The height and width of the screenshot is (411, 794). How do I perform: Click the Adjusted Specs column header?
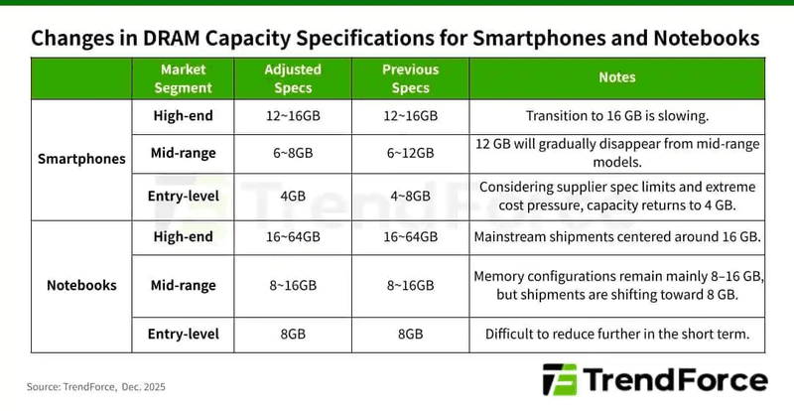[292, 77]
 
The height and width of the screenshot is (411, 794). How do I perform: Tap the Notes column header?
[616, 77]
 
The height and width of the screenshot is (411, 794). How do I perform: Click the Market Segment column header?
[183, 77]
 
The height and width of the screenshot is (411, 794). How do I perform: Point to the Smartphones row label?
[81, 158]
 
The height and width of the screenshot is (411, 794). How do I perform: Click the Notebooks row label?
[81, 285]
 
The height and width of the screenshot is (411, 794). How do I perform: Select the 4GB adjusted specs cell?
[292, 195]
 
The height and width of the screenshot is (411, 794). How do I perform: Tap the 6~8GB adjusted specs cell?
[292, 153]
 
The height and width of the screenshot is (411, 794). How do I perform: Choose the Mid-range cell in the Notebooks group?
[183, 285]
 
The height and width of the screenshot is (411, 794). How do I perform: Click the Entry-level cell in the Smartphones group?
[183, 195]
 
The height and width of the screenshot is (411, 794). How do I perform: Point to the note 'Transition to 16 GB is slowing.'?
[616, 116]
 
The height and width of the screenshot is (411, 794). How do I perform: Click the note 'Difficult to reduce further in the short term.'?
[616, 334]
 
